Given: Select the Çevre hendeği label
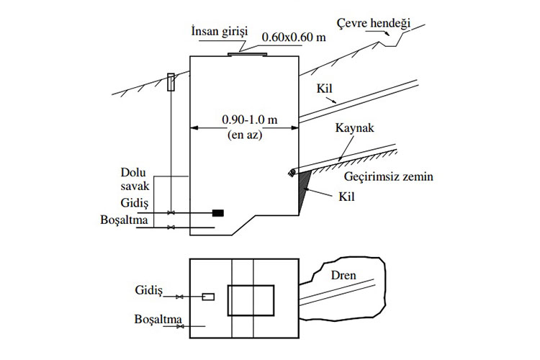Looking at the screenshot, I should (380, 24).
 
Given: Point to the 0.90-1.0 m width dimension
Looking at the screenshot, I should (245, 117).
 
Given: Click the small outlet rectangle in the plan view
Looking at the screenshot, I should (207, 297).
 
